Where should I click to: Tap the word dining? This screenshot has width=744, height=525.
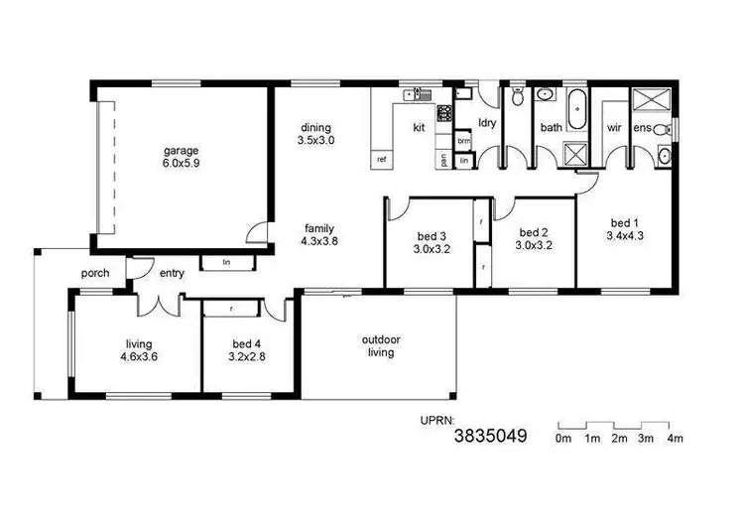pos(316,128)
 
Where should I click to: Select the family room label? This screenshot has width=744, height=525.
pos(318,227)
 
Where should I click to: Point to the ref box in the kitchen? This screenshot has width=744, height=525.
pos(380,159)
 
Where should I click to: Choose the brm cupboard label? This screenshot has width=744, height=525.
pos(463,141)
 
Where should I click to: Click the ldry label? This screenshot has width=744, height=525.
pos(486,123)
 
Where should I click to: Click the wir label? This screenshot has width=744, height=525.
pos(614,128)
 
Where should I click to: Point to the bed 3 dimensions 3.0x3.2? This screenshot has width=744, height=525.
pos(432,249)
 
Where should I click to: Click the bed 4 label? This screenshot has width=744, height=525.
pos(242,343)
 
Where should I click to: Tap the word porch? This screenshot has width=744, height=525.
pos(95,273)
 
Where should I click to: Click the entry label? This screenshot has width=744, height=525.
pos(171,273)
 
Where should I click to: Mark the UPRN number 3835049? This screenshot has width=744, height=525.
pos(490,435)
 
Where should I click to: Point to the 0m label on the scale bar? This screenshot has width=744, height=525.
pos(563,438)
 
